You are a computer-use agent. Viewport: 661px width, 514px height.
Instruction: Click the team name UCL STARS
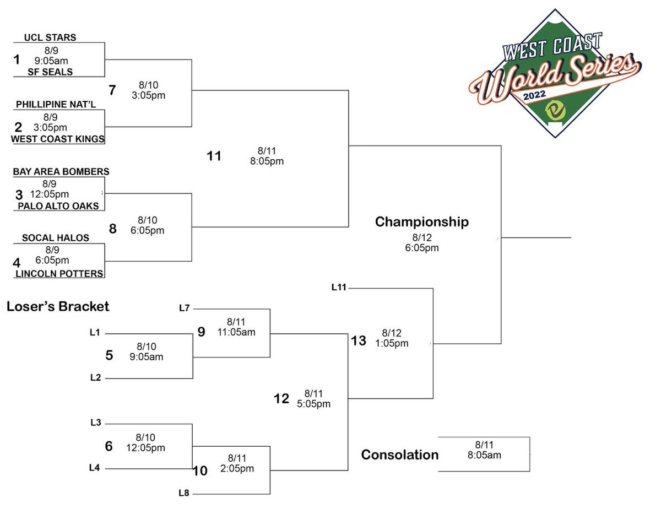[x=50, y=38]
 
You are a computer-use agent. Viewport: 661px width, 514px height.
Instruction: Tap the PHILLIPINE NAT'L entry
[x=50, y=104]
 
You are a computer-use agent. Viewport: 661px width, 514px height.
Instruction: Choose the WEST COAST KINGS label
[x=58, y=139]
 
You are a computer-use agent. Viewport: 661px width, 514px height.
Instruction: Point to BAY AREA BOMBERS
[x=61, y=172]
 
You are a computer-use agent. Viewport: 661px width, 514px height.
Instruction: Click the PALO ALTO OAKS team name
[x=58, y=206]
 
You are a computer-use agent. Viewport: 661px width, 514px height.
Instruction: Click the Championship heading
[x=421, y=222]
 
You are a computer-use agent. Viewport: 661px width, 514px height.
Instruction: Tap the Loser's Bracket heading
[x=58, y=307]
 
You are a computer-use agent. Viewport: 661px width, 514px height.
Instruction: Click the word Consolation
[x=399, y=455]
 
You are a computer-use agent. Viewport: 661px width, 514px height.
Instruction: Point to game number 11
[x=214, y=156]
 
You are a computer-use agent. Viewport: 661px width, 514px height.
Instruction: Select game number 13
[x=358, y=341]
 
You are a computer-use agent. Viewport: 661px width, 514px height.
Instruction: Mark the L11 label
[x=339, y=286]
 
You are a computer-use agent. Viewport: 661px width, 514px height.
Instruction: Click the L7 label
[x=185, y=308]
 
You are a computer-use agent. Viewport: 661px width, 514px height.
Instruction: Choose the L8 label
[x=185, y=494]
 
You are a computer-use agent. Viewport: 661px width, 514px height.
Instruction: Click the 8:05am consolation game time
[x=485, y=455]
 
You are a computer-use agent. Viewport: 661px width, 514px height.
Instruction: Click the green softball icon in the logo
[x=555, y=112]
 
